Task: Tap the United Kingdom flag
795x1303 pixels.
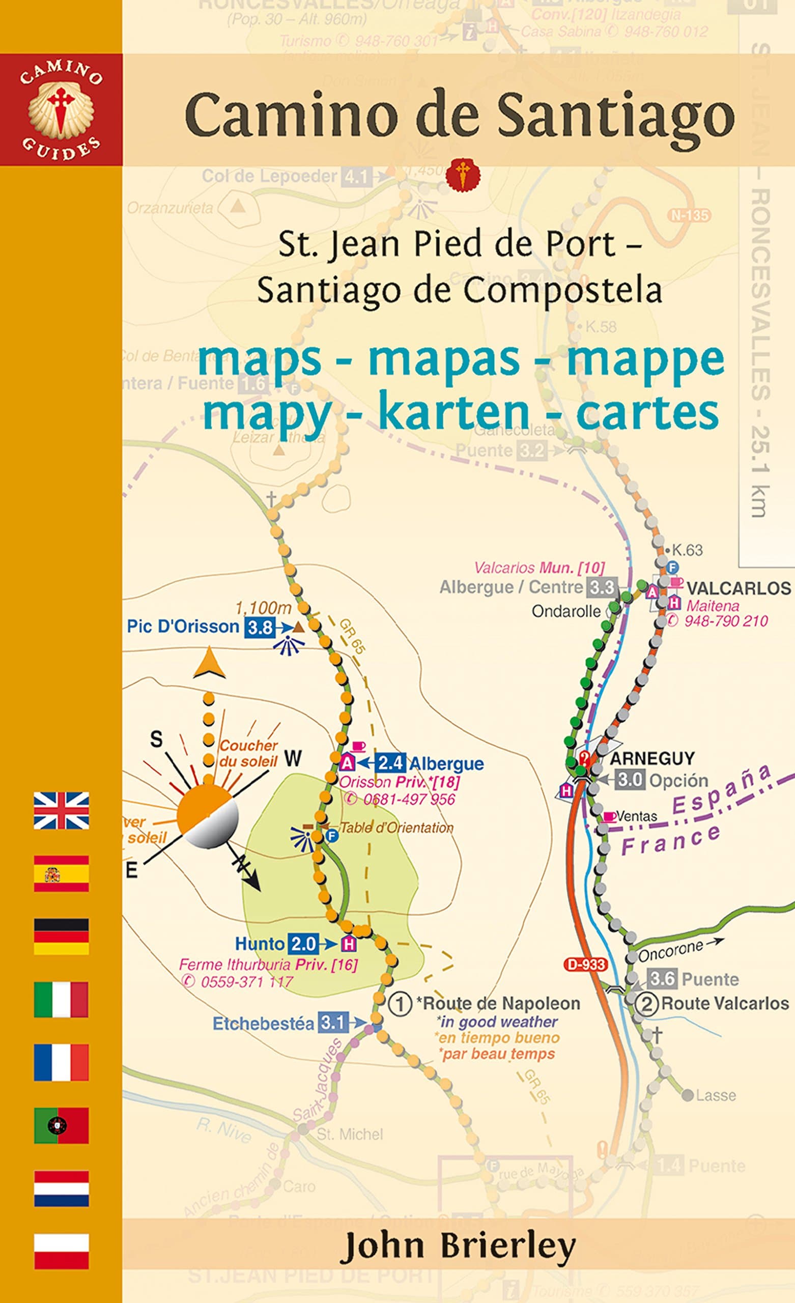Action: (x=62, y=810)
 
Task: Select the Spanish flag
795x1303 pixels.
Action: (x=62, y=873)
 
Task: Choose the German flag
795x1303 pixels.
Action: (x=62, y=937)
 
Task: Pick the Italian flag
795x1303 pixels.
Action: (x=62, y=1000)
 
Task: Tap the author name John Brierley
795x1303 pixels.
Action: (x=458, y=1247)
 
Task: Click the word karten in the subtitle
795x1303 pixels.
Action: (x=454, y=413)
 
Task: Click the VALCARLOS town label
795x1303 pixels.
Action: (x=739, y=588)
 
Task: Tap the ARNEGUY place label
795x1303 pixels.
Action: (x=652, y=758)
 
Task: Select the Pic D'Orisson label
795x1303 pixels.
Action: (x=183, y=627)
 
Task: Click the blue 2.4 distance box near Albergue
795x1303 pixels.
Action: (x=390, y=762)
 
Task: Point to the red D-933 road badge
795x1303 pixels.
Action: (x=585, y=964)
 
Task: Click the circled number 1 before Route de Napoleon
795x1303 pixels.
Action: (x=400, y=1004)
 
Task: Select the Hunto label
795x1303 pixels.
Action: (x=260, y=944)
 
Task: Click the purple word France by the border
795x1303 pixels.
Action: (x=671, y=840)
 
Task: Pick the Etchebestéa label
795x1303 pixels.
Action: (x=263, y=1024)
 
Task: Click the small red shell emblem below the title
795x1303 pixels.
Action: (x=463, y=175)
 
